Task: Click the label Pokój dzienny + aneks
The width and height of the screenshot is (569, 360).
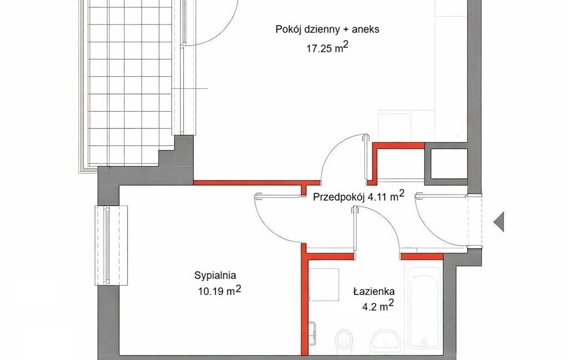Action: tap(327, 29)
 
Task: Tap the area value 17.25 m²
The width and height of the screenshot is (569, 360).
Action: tap(328, 48)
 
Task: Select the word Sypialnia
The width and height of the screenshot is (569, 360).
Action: tap(215, 276)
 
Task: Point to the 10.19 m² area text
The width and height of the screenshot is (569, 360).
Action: tap(219, 291)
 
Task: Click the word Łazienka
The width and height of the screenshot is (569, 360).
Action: tap(374, 291)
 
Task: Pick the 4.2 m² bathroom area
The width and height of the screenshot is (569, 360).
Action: tap(378, 306)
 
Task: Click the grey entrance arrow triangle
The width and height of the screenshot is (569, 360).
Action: tap(498, 221)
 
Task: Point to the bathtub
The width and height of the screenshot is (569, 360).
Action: tap(424, 311)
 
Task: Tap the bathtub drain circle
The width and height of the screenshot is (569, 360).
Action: tap(424, 342)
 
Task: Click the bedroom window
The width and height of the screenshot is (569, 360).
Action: tap(111, 246)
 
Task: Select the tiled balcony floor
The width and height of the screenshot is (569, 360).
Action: tap(129, 83)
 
